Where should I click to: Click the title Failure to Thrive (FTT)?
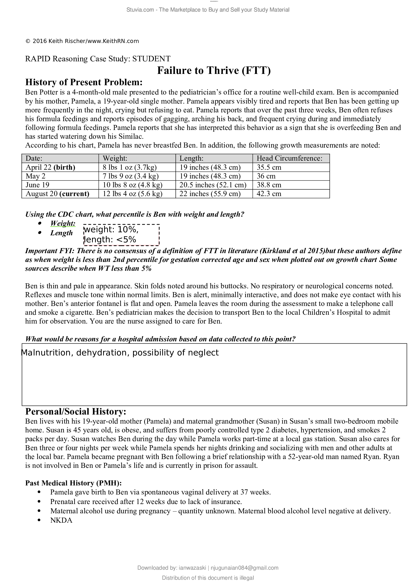click(x=214, y=70)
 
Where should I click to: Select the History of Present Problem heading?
click(x=84, y=82)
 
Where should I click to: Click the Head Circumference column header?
click(x=289, y=158)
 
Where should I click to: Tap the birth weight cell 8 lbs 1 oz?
click(x=130, y=167)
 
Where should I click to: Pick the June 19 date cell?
click(x=37, y=185)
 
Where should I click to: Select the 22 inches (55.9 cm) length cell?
click(x=210, y=194)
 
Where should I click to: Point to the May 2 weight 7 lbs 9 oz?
click(x=130, y=176)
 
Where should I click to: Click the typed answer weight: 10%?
click(x=111, y=230)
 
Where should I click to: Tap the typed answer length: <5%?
click(x=110, y=240)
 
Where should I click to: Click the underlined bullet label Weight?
click(x=63, y=223)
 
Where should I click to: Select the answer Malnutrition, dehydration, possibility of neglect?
click(x=120, y=353)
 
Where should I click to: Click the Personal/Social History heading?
click(x=75, y=411)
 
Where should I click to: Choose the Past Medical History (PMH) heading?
click(x=73, y=483)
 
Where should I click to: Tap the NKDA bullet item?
click(x=61, y=520)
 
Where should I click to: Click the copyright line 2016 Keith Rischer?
click(x=82, y=41)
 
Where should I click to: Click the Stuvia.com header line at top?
click(x=208, y=10)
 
